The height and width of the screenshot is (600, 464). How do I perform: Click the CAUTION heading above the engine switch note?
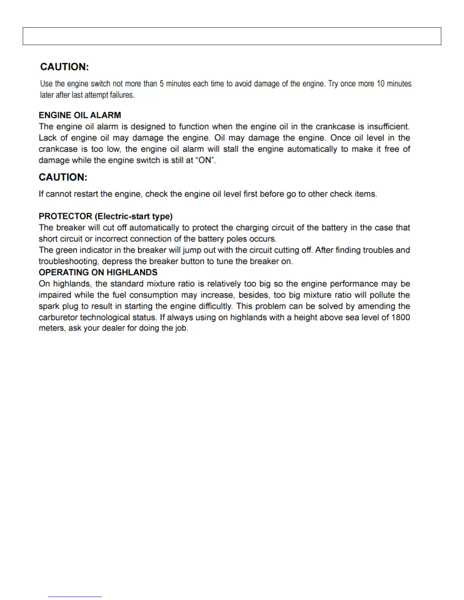tap(64, 67)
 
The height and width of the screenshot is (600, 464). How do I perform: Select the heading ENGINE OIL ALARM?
tap(80, 115)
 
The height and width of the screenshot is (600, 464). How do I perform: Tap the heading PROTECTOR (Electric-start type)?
tap(105, 216)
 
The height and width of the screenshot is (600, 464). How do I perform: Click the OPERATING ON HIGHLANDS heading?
tap(98, 272)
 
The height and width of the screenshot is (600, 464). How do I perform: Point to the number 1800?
tap(401, 317)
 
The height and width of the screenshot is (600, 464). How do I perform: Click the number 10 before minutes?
tap(380, 84)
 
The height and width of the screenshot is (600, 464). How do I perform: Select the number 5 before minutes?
tap(161, 84)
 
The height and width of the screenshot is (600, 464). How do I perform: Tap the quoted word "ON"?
tap(205, 160)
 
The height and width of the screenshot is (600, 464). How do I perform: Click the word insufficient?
tap(388, 127)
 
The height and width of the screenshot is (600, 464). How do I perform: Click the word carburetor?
tap(58, 317)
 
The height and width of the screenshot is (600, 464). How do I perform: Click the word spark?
tap(49, 306)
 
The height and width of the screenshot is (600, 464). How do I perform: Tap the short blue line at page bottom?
tap(75, 597)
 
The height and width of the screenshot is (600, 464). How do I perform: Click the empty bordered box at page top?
tap(232, 36)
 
